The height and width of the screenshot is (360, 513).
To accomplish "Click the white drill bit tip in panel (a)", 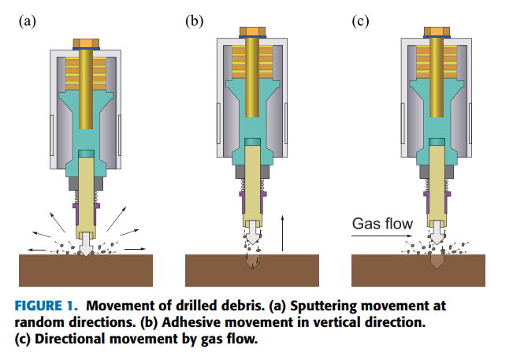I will (x=85, y=247).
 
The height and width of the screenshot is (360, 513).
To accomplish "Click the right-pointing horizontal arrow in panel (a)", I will (x=135, y=248).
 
